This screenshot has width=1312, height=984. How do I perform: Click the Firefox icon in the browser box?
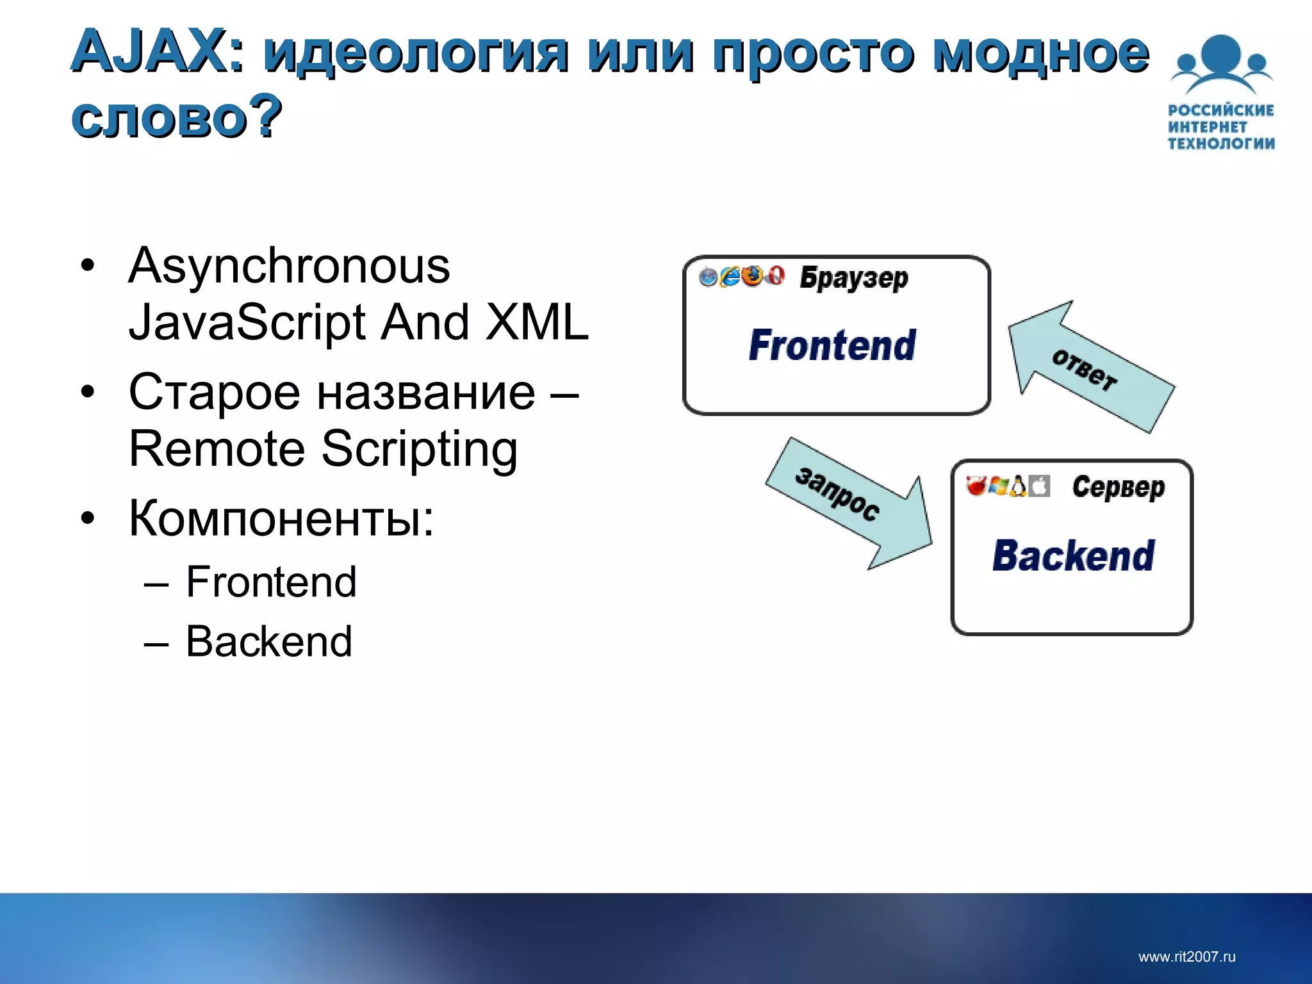click(753, 276)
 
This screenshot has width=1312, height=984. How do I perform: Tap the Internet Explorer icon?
click(730, 277)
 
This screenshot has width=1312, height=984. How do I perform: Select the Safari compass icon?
click(709, 277)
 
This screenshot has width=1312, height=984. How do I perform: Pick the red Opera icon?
click(775, 276)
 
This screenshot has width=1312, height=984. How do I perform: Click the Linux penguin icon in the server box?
click(1018, 487)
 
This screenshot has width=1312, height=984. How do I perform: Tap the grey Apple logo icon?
click(1040, 487)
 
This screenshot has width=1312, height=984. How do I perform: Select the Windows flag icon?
click(997, 487)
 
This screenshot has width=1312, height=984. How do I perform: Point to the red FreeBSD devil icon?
click(976, 487)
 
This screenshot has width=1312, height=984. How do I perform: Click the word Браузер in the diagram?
click(853, 278)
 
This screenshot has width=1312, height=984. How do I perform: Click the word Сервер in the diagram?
click(1119, 488)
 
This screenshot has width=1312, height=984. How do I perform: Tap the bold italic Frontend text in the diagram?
click(832, 346)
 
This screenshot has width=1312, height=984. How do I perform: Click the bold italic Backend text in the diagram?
click(1073, 556)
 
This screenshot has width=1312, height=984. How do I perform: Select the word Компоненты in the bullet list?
click(281, 518)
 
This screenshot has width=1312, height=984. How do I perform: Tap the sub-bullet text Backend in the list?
click(269, 641)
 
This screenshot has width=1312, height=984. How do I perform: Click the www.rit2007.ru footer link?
click(1186, 957)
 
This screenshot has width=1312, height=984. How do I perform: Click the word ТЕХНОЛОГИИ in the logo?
click(1220, 143)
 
